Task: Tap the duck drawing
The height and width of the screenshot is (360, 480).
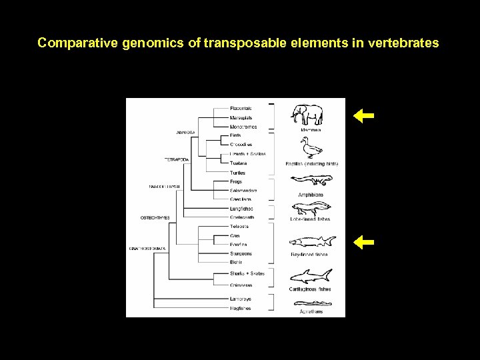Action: pos(311,147)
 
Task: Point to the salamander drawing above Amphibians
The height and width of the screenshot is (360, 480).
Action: pos(311,179)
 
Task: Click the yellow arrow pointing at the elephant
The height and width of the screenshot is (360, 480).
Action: pos(363,116)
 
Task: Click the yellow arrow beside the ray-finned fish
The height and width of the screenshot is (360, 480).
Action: pos(363,242)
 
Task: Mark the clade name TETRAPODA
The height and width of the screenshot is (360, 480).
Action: pos(178,159)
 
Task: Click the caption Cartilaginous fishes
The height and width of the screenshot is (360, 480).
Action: pos(311,289)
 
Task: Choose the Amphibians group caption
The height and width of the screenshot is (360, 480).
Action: pos(311,194)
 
